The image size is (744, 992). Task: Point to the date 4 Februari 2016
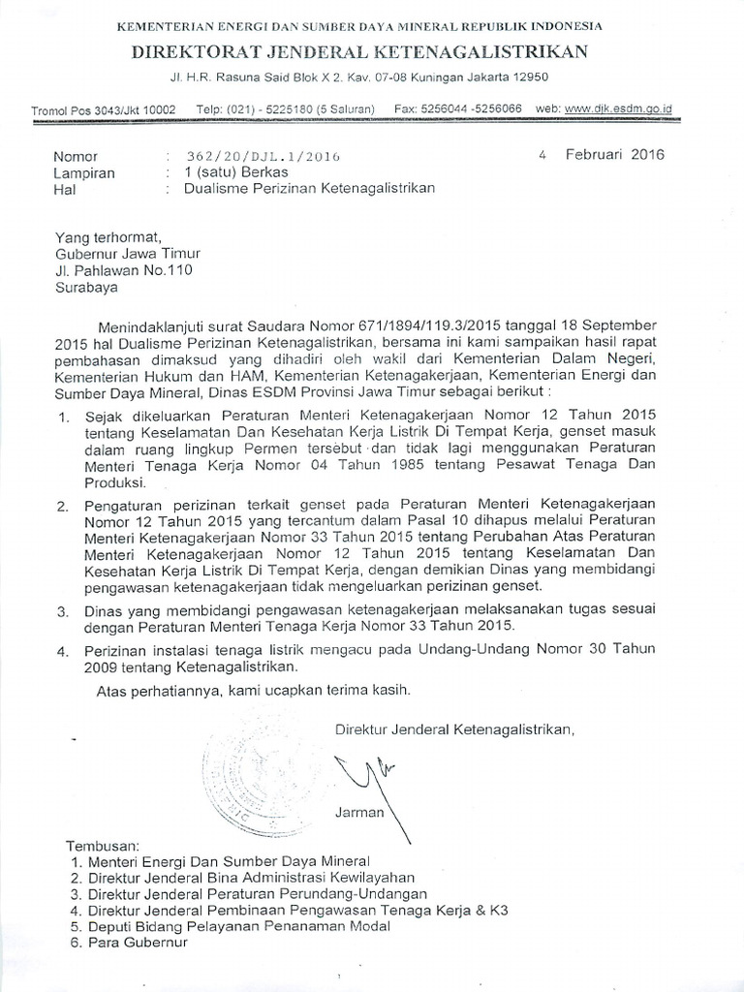602,154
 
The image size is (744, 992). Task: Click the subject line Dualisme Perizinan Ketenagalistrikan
309,189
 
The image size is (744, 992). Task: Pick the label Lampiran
84,172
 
